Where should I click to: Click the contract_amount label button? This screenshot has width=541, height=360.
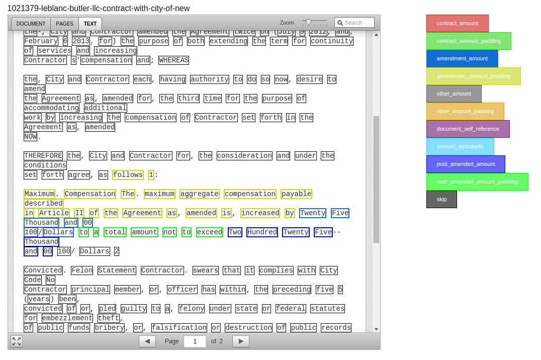click(457, 24)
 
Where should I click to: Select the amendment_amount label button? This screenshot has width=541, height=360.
click(462, 59)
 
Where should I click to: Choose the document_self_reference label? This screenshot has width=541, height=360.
click(468, 129)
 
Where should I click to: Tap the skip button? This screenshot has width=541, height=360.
click(441, 200)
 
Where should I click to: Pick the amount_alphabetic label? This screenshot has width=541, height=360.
click(460, 147)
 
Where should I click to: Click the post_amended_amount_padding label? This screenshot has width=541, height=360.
click(477, 182)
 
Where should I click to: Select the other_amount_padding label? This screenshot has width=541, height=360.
click(465, 112)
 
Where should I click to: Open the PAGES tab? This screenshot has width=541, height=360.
click(64, 24)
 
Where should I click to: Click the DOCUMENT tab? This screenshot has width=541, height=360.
click(31, 24)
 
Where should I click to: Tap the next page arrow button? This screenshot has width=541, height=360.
click(241, 341)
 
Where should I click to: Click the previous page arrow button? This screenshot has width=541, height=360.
click(147, 341)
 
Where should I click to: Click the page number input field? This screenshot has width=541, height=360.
click(195, 341)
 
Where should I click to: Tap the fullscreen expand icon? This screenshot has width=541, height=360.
click(17, 341)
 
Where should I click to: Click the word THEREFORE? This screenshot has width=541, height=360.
click(43, 156)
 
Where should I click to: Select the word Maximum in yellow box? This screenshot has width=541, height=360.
click(39, 194)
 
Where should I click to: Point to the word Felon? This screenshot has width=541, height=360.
click(81, 271)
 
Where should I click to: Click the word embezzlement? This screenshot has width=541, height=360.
click(67, 318)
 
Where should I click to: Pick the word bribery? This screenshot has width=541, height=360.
click(109, 328)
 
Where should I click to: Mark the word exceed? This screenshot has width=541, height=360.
click(209, 232)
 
